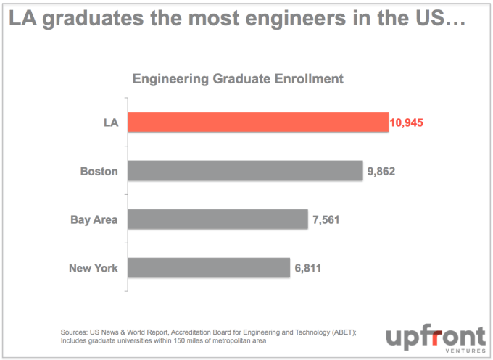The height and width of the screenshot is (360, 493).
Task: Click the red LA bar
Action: click(x=258, y=122)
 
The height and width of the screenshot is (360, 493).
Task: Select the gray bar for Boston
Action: click(x=245, y=171)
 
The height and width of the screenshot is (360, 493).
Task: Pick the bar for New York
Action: click(x=209, y=268)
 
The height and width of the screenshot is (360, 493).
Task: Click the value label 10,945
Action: click(x=406, y=123)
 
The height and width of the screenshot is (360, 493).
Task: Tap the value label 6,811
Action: click(x=307, y=269)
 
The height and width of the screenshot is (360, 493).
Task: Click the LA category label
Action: click(x=110, y=123)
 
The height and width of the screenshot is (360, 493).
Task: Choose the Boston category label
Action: click(x=99, y=172)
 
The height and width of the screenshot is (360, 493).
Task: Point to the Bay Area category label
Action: click(x=94, y=220)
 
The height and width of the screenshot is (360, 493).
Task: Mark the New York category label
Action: click(x=94, y=269)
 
